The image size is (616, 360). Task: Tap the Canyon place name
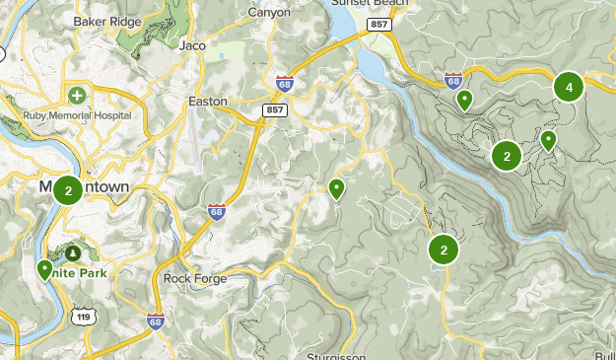pos(269,13)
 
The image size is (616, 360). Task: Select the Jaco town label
pos(192,44)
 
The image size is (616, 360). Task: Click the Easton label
pos(207,101)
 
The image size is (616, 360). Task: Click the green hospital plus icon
pos(77,96)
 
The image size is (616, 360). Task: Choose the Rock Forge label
pos(195,278)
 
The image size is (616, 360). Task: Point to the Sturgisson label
pos(336,355)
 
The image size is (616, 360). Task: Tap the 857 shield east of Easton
pos(275,110)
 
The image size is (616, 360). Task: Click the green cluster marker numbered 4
pos(568,87)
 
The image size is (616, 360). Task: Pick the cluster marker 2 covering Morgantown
pos(67,190)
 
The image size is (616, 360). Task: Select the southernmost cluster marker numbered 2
pos(444,250)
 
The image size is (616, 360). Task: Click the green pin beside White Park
pos(44,269)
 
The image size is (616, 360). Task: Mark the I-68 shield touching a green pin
pos(453,80)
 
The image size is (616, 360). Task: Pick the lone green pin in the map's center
pos(336,188)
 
